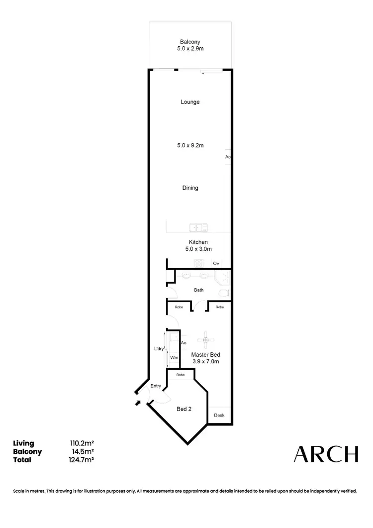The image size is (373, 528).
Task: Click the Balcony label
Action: click(x=190, y=42)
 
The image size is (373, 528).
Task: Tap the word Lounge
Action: click(x=190, y=102)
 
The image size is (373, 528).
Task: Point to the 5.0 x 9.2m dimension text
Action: click(x=190, y=146)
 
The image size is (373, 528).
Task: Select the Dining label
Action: click(x=190, y=188)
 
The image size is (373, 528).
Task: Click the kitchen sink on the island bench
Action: click(x=198, y=228)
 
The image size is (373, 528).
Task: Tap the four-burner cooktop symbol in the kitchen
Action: click(x=198, y=263)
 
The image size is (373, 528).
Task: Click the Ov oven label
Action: click(x=216, y=263)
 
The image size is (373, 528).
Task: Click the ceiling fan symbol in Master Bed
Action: click(x=205, y=340)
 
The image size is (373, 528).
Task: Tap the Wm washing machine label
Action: click(x=174, y=358)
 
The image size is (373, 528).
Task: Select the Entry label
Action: click(x=156, y=386)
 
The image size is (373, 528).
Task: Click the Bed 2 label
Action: click(x=184, y=409)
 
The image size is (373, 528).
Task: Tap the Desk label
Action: click(x=219, y=415)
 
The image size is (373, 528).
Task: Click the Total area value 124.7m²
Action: click(x=83, y=460)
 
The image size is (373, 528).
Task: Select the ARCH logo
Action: click(x=326, y=453)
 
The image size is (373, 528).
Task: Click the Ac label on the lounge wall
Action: click(x=227, y=157)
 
